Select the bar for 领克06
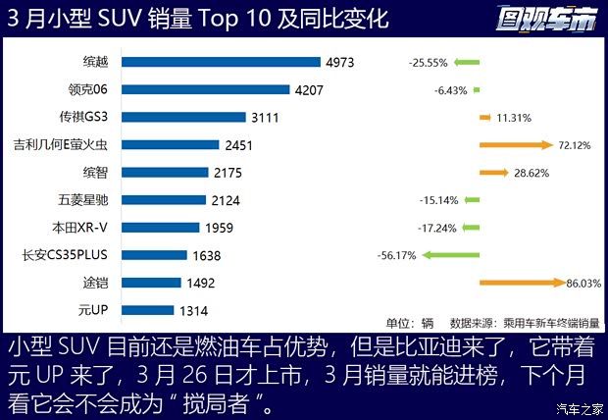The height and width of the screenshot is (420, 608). coord(205,89)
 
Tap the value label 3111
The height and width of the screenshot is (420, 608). coord(265,117)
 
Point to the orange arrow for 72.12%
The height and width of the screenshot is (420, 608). coord(516,144)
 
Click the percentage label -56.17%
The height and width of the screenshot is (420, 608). coord(397,255)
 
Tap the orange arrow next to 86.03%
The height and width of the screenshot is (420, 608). coord(522,283)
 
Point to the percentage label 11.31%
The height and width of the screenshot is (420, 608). coord(514,118)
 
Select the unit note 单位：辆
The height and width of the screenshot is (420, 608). coord(409,322)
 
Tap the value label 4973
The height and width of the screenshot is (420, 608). coord(340,62)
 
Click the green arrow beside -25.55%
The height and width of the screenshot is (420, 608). coord(467,62)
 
